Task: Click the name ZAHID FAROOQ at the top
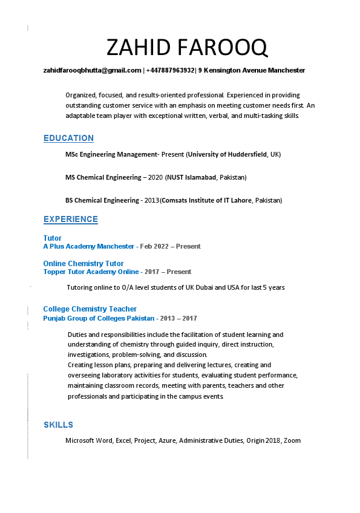click(x=186, y=47)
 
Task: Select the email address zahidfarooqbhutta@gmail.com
click(x=92, y=71)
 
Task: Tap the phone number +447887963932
click(x=170, y=71)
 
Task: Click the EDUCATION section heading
click(x=68, y=139)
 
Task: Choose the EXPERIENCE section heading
click(x=70, y=220)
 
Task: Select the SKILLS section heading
click(x=58, y=425)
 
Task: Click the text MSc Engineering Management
click(x=111, y=155)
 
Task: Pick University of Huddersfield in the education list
click(x=227, y=155)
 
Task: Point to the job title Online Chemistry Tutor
click(x=83, y=264)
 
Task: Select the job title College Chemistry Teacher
click(x=90, y=309)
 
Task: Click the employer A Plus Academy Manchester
click(x=88, y=247)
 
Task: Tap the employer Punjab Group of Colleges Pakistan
click(x=99, y=318)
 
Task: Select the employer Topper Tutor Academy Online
click(x=91, y=272)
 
